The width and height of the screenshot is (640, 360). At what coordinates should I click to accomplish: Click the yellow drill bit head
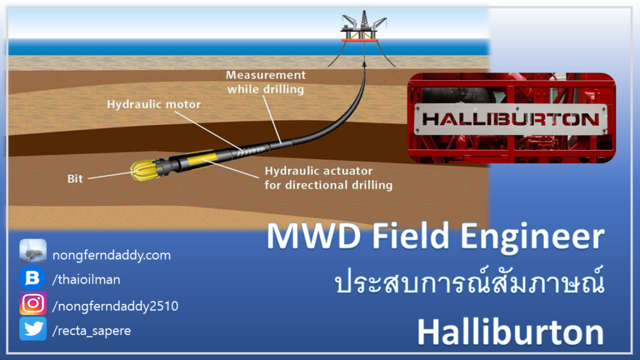144,170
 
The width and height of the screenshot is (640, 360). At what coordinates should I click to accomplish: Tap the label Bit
75,179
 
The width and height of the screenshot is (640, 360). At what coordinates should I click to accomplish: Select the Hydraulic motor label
154,104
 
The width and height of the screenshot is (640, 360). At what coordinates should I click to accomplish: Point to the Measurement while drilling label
266,82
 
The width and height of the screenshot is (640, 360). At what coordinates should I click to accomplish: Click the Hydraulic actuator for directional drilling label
329,178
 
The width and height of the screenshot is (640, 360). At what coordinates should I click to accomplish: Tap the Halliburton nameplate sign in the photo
511,119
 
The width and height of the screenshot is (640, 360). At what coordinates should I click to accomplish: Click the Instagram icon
33,303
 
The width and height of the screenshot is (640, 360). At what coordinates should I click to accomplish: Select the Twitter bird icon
33,329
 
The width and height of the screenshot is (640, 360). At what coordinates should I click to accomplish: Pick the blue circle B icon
32,278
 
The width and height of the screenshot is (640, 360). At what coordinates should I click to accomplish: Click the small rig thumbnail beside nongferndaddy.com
33,251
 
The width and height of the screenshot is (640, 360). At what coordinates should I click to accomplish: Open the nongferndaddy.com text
112,255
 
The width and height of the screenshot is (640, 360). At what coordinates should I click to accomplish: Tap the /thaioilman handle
86,279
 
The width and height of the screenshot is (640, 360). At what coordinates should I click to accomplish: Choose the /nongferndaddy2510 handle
115,306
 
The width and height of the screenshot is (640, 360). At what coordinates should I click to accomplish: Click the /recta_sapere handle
91,331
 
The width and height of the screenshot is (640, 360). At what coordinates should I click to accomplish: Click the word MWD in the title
314,236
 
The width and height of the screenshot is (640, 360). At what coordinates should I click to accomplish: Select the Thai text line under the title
469,281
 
